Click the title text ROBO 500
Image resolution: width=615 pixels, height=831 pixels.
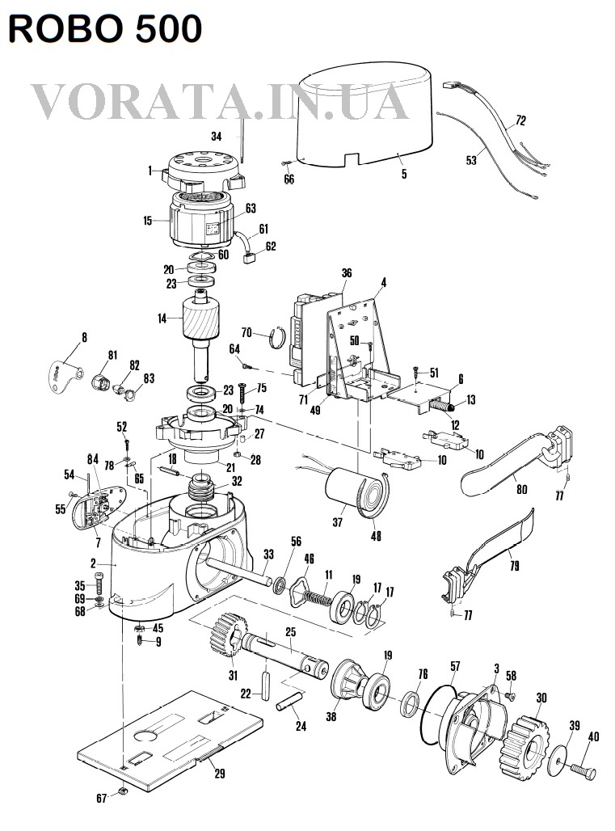105,28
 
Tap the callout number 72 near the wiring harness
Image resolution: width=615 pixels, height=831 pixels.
520,120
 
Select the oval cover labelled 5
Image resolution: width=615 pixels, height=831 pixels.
366,116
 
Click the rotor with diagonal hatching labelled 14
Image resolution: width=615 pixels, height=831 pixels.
200,317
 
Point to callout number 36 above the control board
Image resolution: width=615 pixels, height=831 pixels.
347,273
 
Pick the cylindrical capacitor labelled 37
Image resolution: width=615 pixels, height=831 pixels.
351,489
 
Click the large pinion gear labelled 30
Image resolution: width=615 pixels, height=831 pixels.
524,748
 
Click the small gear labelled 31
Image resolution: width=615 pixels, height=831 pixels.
226,635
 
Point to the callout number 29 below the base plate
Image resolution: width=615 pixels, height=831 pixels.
219,774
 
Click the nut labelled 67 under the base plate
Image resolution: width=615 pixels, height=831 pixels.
122,791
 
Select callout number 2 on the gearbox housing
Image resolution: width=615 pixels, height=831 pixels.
93,563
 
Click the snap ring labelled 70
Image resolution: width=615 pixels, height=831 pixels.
277,338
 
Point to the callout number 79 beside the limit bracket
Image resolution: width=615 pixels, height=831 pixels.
514,566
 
